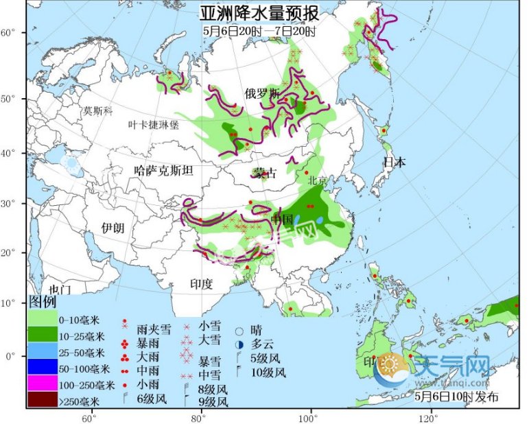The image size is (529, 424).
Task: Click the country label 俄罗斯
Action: (262, 93)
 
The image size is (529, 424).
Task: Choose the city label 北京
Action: (319, 181)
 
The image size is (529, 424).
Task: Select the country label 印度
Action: (201, 283)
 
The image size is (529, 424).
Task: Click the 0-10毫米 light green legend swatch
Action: (42, 319)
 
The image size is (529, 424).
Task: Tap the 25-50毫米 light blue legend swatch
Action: (42, 353)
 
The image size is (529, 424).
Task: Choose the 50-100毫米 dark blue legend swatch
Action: (42, 370)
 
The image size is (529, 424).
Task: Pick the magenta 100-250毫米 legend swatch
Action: (42, 386)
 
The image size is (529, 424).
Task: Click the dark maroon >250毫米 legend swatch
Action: (42, 401)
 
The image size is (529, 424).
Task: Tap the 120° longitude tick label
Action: (429, 416)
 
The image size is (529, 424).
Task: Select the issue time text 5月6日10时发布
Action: (456, 397)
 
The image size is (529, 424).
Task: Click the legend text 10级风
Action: (268, 373)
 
